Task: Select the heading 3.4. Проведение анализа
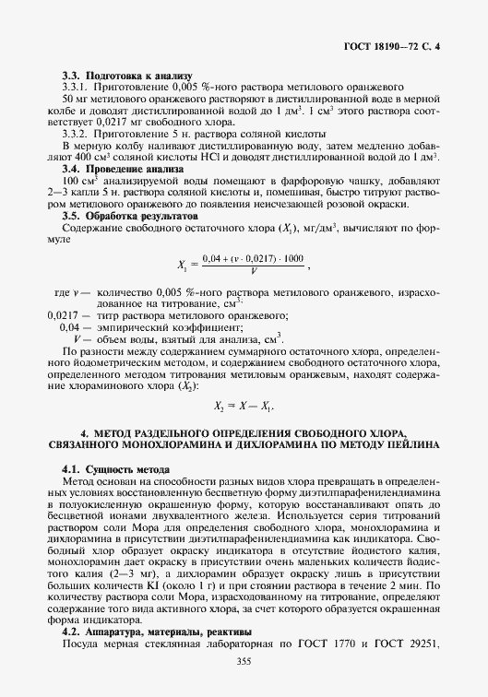tap(122, 170)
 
